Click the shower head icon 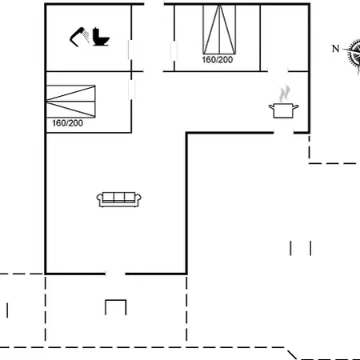79,36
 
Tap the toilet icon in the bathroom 101,37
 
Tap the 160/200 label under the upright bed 218,59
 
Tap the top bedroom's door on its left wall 174,50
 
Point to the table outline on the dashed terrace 116,307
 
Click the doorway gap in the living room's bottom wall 114,273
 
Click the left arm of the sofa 100,199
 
